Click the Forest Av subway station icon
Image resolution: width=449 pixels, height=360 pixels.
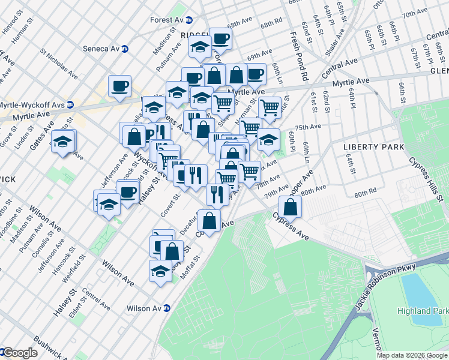189,20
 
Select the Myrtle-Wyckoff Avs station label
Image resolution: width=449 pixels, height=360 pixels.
32,104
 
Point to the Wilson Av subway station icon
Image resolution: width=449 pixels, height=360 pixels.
167,308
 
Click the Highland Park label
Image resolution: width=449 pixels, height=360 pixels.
422,311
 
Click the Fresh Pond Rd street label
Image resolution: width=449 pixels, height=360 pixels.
300,57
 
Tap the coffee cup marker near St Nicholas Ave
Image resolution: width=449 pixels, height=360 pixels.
119,85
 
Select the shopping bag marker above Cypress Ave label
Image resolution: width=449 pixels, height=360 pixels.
289,206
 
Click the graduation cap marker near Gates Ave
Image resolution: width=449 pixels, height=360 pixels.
62,142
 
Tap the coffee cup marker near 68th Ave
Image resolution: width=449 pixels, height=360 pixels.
220,38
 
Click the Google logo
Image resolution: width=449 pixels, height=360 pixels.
20,353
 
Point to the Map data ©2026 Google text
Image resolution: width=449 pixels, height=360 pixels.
412,355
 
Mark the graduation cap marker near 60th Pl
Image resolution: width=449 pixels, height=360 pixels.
268,140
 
